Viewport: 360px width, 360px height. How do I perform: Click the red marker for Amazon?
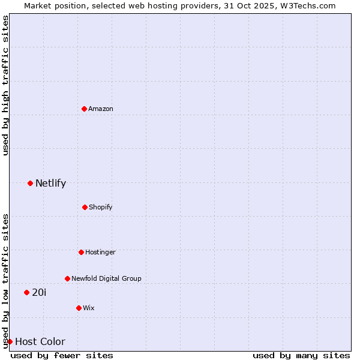tap(84, 109)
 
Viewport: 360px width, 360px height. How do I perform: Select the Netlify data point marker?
tap(30, 183)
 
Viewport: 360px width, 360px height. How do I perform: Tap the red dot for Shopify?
tap(85, 207)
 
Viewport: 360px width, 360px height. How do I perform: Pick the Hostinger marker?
tap(81, 252)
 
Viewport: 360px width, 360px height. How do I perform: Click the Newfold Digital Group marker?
tap(67, 278)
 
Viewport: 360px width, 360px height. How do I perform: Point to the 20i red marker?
tap(26, 292)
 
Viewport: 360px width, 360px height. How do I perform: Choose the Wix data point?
tap(79, 308)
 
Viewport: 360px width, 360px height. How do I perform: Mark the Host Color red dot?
tap(10, 341)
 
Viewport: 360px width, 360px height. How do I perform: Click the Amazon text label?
tap(101, 109)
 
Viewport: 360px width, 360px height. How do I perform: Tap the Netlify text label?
tap(50, 183)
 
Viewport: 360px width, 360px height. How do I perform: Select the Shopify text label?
tap(101, 207)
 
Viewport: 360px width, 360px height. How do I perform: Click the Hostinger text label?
tap(100, 252)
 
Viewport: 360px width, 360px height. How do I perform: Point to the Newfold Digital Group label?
tap(106, 278)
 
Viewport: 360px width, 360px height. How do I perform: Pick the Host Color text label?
tap(40, 341)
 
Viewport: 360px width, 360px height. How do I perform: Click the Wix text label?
tap(89, 308)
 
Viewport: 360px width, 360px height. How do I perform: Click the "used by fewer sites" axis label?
tap(62, 355)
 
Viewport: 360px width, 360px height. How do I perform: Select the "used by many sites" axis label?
tap(301, 355)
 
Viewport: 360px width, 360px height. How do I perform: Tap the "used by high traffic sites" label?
tap(6, 85)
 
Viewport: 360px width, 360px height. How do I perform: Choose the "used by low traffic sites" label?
tap(6, 280)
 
